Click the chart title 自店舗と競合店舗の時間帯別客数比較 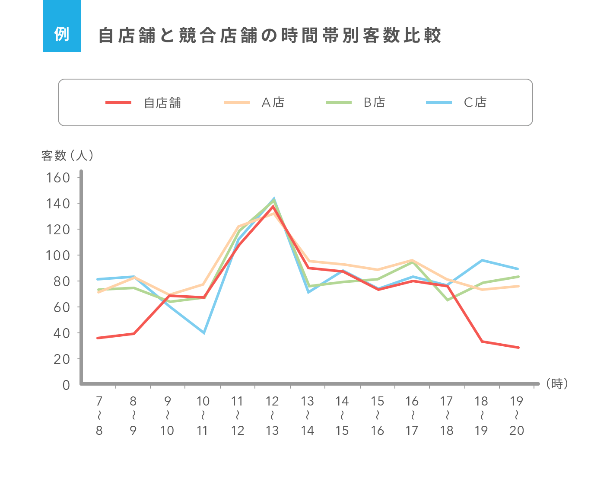270,35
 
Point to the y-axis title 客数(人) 67,155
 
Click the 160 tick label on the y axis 58,178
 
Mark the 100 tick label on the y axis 58,255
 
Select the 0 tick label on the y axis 66,385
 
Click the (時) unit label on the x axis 556,383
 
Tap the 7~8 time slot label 99,416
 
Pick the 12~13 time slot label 272,416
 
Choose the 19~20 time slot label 516,416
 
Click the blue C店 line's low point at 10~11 203,333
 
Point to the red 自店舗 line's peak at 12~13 273,206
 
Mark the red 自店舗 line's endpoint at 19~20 518,347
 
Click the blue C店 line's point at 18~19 482,260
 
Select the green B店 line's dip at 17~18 447,300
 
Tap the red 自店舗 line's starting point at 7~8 98,338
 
